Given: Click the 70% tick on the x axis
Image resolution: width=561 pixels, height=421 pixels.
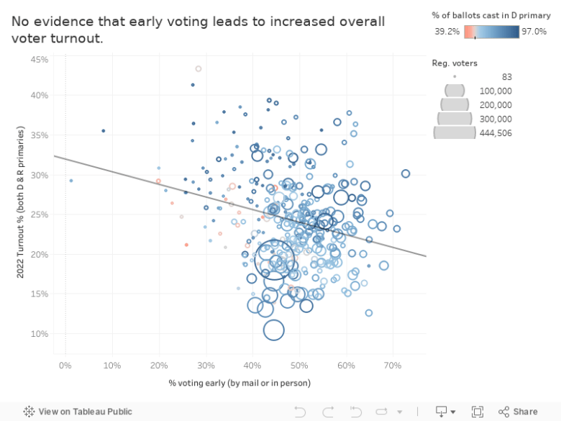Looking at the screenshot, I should tap(392, 366).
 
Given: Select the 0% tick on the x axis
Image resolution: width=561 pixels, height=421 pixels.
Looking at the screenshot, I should tap(65, 366).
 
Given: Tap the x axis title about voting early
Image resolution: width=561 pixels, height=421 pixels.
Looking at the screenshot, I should tap(240, 382).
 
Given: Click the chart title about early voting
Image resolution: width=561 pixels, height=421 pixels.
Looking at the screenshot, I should tap(198, 30).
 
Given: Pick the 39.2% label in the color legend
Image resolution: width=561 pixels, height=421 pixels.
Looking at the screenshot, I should tap(447, 32).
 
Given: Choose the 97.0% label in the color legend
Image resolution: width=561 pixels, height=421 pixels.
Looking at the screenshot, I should tap(534, 32).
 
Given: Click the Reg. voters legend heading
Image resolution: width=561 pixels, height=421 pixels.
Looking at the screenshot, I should tap(455, 63).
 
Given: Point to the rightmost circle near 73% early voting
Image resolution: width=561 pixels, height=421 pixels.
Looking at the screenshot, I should tap(406, 173).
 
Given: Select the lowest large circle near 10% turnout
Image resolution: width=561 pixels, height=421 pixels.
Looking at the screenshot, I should tap(274, 330).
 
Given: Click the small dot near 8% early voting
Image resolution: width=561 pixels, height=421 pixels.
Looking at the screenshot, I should tap(104, 131).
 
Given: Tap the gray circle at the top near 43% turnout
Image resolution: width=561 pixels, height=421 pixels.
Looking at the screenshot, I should tap(199, 69).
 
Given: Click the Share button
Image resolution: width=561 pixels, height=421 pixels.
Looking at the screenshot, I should tap(519, 412).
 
